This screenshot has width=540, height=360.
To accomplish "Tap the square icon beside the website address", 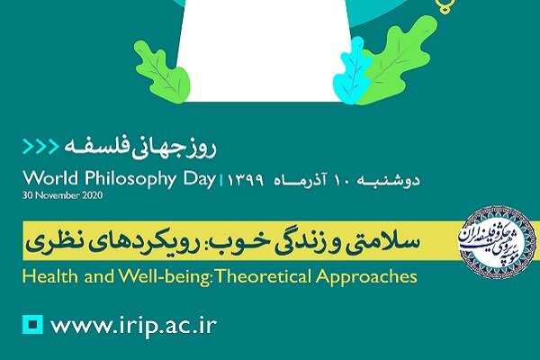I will coord(33,322).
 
